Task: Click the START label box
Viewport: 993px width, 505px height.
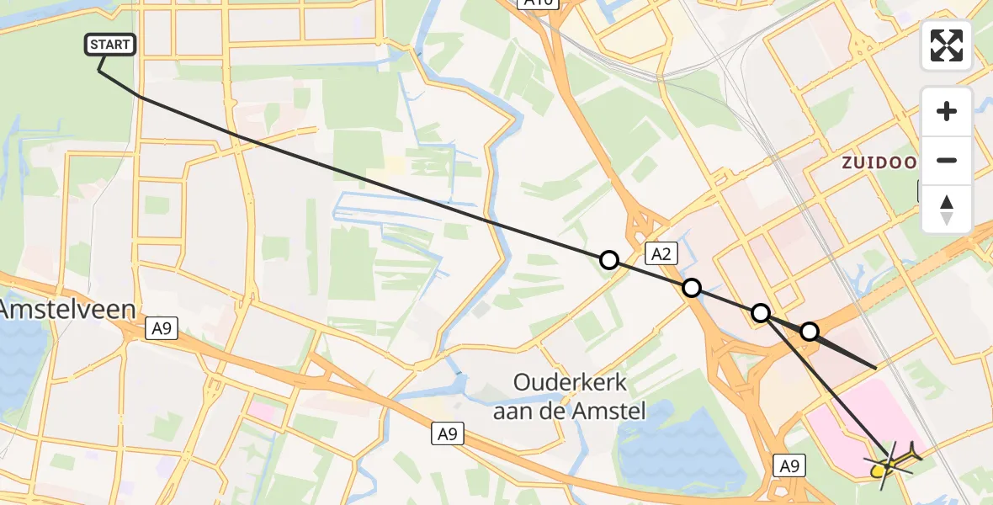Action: (110, 45)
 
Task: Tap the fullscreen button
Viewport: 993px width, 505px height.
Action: (947, 45)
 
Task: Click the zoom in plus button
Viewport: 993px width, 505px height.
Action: (947, 111)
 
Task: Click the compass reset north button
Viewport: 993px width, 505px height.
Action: (947, 210)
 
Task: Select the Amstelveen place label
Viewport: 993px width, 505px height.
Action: (67, 309)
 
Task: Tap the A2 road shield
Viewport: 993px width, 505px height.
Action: (661, 253)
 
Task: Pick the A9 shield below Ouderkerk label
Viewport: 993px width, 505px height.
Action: (448, 434)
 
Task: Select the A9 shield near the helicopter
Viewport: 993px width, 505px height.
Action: (789, 465)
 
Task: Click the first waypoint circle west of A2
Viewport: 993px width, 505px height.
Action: (608, 260)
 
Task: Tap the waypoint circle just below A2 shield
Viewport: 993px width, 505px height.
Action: (691, 288)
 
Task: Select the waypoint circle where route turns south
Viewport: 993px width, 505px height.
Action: (760, 313)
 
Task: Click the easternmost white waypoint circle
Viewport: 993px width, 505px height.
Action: (809, 332)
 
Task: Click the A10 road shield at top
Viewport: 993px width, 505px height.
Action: (539, 3)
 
